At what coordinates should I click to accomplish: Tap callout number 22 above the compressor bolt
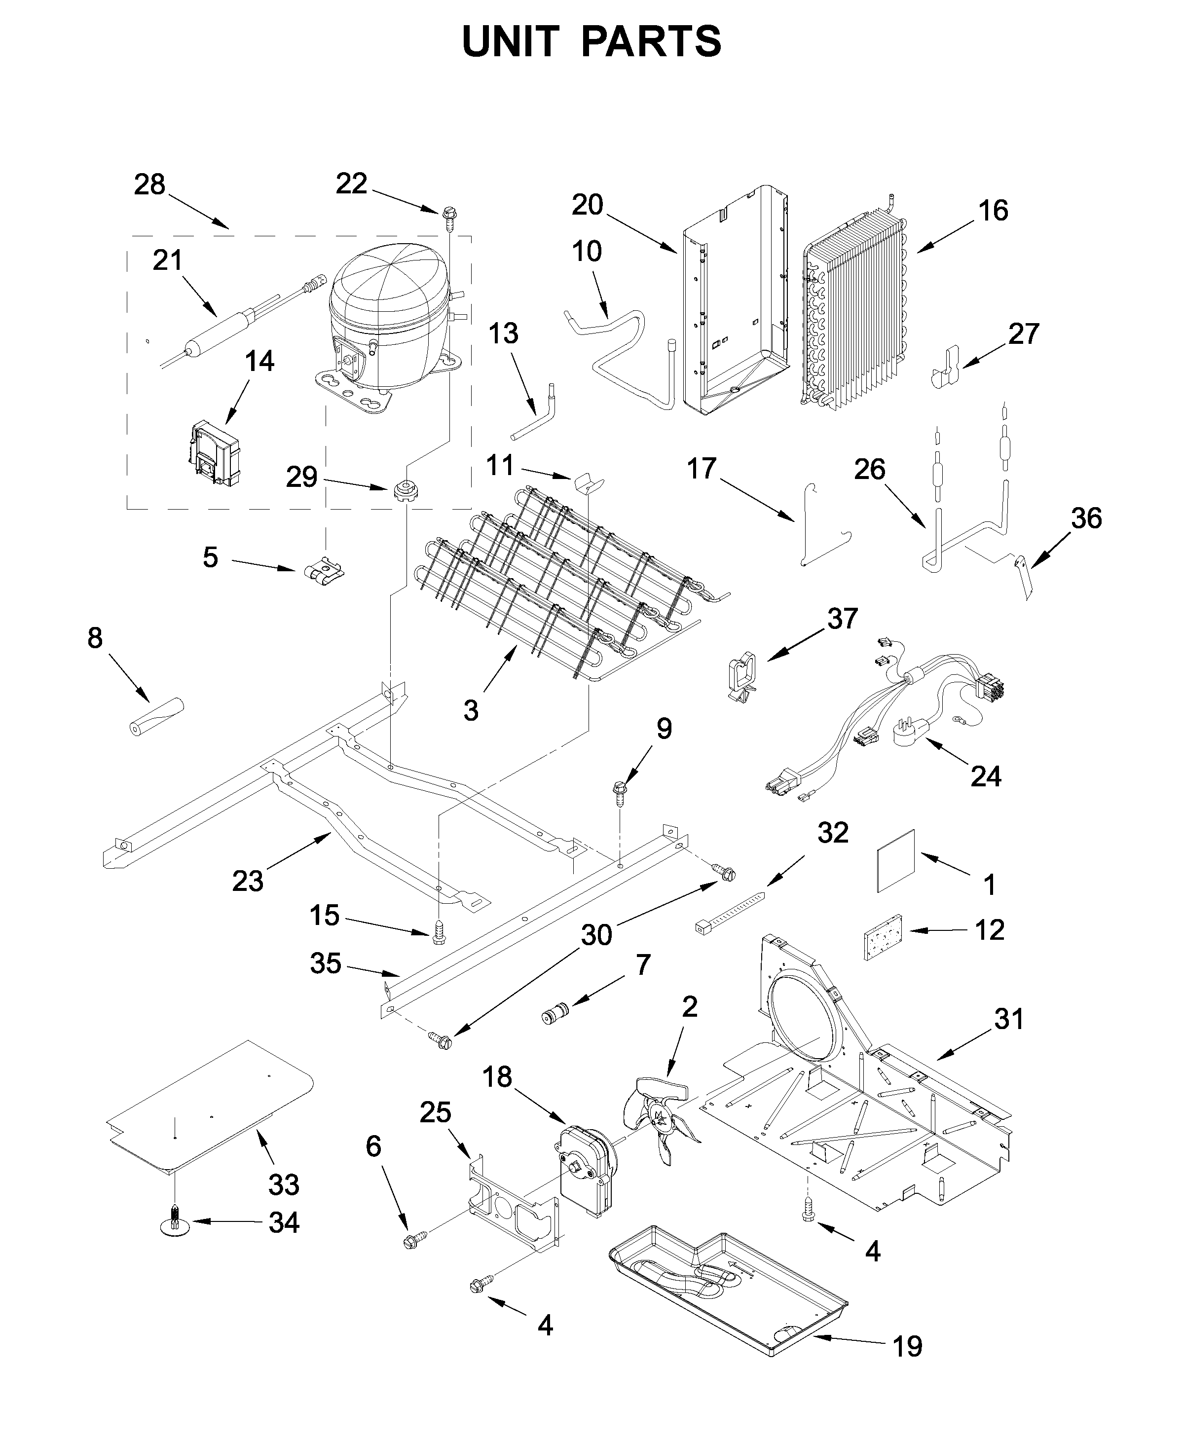pos(352,184)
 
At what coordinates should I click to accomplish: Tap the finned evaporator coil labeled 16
pos(855,313)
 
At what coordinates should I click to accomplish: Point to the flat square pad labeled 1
pos(895,861)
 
